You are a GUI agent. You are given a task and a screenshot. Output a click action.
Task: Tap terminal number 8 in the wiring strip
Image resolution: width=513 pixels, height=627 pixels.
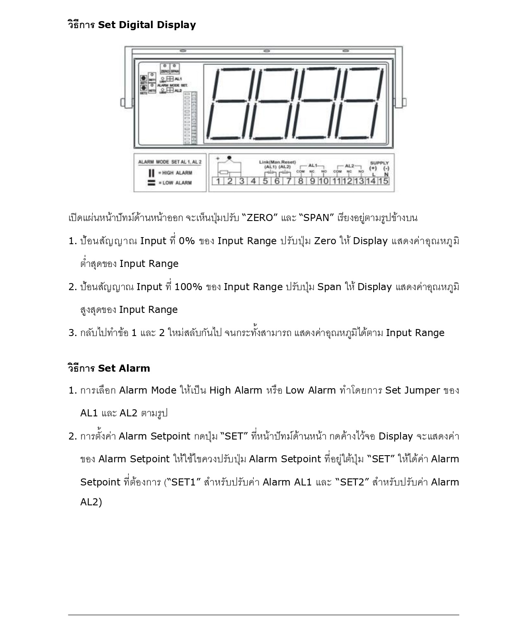pos(301,181)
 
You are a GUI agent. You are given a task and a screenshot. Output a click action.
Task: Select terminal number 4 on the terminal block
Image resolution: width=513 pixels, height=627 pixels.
pos(253,181)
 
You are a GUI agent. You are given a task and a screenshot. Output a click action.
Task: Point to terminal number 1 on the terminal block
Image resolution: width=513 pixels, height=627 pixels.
pos(218,181)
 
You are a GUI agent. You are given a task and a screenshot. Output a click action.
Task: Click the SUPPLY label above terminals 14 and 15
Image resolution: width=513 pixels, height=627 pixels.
pos(379,163)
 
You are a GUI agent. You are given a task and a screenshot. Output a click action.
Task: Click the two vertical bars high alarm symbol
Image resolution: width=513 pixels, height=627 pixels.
pos(151,173)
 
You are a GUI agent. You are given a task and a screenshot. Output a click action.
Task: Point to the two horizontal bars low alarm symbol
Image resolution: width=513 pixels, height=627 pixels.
pos(151,183)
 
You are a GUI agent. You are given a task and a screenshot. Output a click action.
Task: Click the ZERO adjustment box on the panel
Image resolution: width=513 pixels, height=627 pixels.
pos(165,68)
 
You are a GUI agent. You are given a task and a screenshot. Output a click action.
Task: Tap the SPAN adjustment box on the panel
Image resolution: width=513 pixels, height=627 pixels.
pos(175,68)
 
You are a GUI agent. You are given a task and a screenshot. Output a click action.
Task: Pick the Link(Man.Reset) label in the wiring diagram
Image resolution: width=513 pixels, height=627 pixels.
pos(277,162)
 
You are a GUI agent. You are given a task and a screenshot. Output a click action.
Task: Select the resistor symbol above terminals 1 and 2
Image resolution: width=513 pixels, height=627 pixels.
pos(224,172)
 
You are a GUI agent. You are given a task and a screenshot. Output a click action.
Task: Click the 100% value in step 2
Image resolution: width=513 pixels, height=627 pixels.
pos(188,287)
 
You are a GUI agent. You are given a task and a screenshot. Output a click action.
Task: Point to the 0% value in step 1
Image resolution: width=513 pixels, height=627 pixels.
pos(187,241)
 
